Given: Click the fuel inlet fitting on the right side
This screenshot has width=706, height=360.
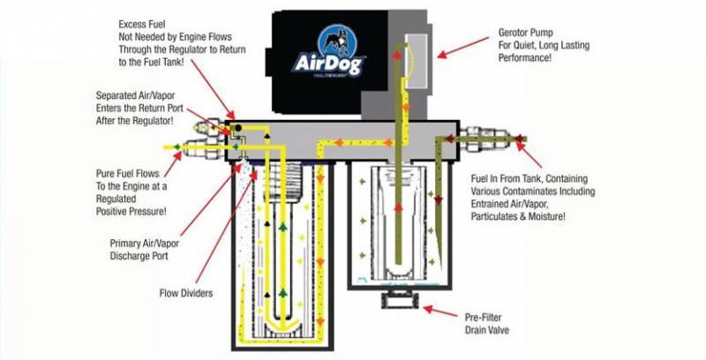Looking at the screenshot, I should click(494, 139).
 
